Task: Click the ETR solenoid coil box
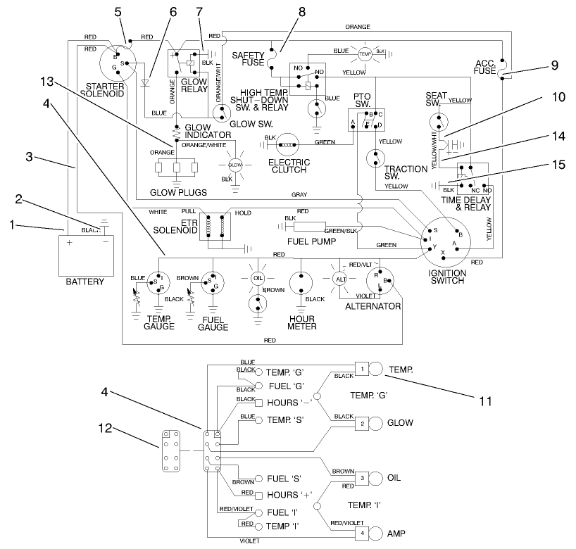tap(216, 225)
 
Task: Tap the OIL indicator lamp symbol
tap(257, 278)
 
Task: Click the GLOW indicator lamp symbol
tap(234, 164)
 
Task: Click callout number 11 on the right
tap(484, 402)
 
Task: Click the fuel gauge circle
tap(213, 283)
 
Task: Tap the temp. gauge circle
tap(158, 283)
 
